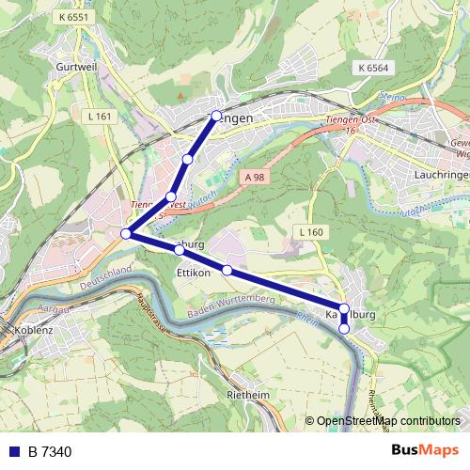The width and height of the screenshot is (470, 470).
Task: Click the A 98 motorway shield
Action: [x=252, y=176]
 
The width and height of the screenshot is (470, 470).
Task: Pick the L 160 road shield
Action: [x=310, y=231]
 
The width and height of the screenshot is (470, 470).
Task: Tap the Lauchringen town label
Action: [x=442, y=175]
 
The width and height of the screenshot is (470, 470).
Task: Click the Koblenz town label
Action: [x=34, y=331]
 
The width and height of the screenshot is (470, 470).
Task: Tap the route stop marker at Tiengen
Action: [x=216, y=116]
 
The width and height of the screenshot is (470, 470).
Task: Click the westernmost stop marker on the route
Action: [x=126, y=234]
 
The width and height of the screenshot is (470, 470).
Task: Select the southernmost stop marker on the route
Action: [x=344, y=329]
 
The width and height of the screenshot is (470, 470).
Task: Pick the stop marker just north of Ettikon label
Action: [x=179, y=250]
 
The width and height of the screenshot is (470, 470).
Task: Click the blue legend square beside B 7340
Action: [x=13, y=452]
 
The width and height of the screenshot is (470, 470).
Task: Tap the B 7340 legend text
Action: [x=50, y=452]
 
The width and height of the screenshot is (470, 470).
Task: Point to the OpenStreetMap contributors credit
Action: [x=387, y=421]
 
